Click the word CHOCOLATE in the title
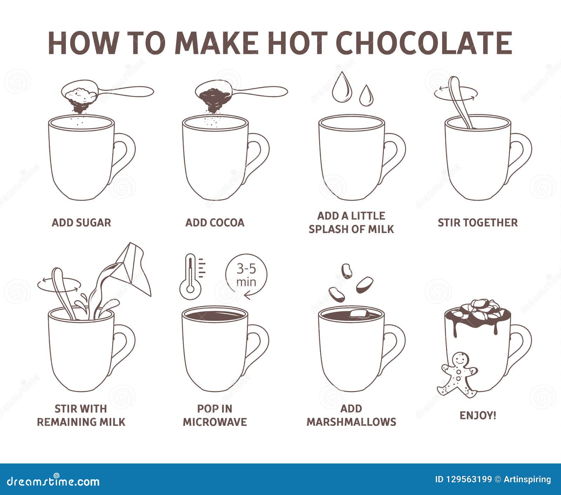pyautogui.click(x=424, y=43)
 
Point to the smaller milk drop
pyautogui.click(x=366, y=95)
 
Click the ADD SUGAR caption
pyautogui.click(x=81, y=222)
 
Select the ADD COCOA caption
pyautogui.click(x=215, y=222)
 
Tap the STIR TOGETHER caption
pyautogui.click(x=478, y=222)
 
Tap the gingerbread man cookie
pyautogui.click(x=458, y=375)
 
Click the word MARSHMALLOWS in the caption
pyautogui.click(x=351, y=422)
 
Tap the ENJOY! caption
pyautogui.click(x=478, y=415)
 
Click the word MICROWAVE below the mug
pyautogui.click(x=215, y=422)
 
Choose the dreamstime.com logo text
pyautogui.click(x=53, y=481)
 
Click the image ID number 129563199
pyautogui.click(x=468, y=479)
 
